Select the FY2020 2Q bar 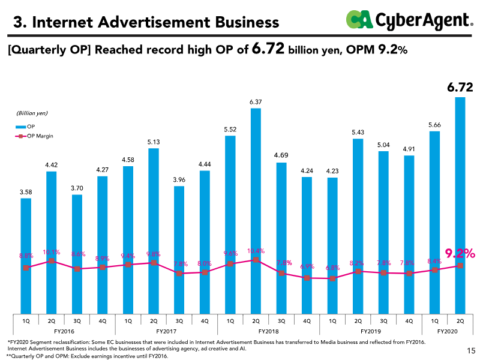[460, 204]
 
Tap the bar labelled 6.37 [256, 210]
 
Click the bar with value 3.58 [26, 255]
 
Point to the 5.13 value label [154, 142]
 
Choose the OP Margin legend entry [35, 136]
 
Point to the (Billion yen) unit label [32, 113]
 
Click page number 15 [470, 350]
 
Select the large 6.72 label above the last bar [460, 88]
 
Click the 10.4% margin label [256, 251]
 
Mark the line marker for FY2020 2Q [460, 266]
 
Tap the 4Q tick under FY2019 [409, 321]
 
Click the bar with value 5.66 [434, 222]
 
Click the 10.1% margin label [52, 252]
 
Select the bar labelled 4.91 [409, 234]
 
